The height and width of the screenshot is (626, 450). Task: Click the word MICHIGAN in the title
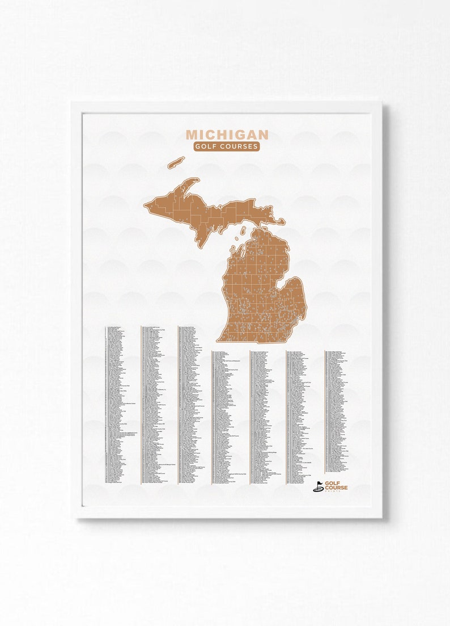tap(227, 135)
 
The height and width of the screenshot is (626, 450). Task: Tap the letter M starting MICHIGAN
tap(192, 135)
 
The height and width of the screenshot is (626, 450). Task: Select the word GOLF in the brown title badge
tap(205, 146)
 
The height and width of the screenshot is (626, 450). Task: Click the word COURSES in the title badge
tap(237, 146)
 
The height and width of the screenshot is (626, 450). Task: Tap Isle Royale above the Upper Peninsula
tap(176, 162)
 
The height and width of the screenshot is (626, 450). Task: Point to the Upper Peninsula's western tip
tap(146, 204)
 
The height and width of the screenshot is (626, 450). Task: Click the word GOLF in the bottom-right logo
tap(333, 482)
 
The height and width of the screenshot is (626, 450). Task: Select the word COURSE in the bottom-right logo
tap(337, 488)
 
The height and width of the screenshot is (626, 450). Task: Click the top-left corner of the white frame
tap(73, 103)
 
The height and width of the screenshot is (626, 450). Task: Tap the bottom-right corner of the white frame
tap(381, 517)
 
